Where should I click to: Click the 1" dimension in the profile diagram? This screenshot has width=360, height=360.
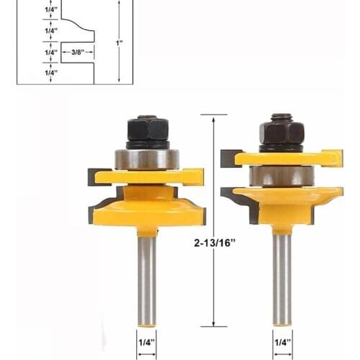point(119,42)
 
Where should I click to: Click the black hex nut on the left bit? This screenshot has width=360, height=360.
point(147,132)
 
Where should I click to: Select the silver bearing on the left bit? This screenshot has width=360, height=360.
point(147,159)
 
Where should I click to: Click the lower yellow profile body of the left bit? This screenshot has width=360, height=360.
point(147,209)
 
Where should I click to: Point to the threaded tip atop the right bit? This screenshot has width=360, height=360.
point(282,116)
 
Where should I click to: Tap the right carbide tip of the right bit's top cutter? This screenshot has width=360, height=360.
point(336,157)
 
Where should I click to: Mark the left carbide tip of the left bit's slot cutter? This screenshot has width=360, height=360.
point(94,176)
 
